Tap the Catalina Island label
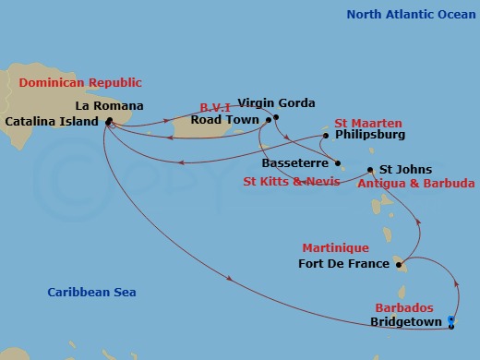point(54,121)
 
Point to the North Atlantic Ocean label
point(405,14)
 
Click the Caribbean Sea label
point(91,293)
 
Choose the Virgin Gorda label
point(276,103)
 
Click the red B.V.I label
point(217,106)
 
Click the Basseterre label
point(295,163)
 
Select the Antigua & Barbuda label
point(416,184)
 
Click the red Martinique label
point(336,248)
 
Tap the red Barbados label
point(403,307)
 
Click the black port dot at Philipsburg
point(326,136)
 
